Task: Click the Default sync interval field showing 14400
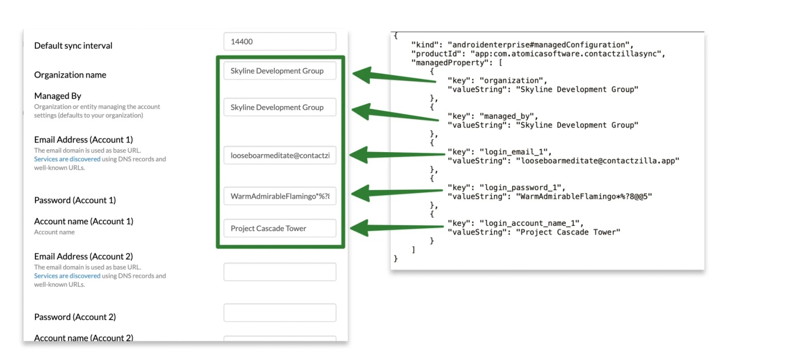tap(280, 41)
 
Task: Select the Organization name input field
tap(280, 71)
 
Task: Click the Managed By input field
tap(280, 107)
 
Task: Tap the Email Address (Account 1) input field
tap(280, 155)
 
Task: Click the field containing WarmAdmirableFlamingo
tap(280, 196)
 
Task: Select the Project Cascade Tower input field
tap(280, 228)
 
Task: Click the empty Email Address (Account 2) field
tap(280, 272)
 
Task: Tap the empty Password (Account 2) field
tap(280, 312)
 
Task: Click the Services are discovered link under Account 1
tap(67, 159)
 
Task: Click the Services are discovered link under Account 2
tap(67, 276)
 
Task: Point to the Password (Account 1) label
tap(75, 200)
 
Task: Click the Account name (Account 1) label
tap(83, 221)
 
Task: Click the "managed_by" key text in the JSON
tap(508, 116)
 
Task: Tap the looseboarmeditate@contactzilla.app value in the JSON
tap(597, 161)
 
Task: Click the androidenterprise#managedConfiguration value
tap(539, 44)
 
